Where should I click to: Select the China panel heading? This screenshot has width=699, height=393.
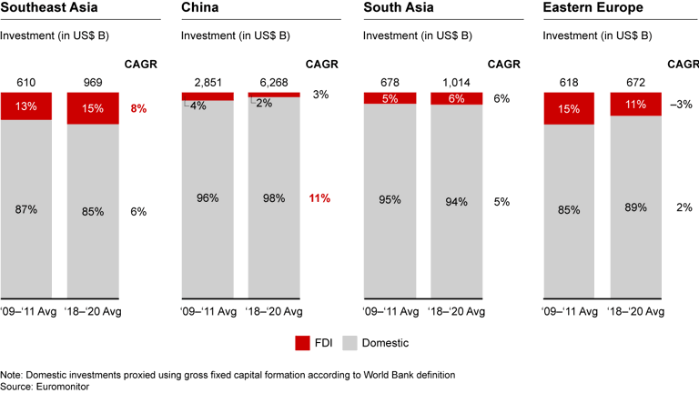[x=200, y=8]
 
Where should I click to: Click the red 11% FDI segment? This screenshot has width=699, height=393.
[x=636, y=104]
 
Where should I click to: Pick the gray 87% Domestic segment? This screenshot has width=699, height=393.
[x=26, y=209]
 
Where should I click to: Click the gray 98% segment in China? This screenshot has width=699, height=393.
[x=274, y=198]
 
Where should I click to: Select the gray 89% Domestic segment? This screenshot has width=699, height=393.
[x=636, y=207]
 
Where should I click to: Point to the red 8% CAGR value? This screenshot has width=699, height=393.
[x=139, y=108]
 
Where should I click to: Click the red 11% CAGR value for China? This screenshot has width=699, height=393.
[x=319, y=198]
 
